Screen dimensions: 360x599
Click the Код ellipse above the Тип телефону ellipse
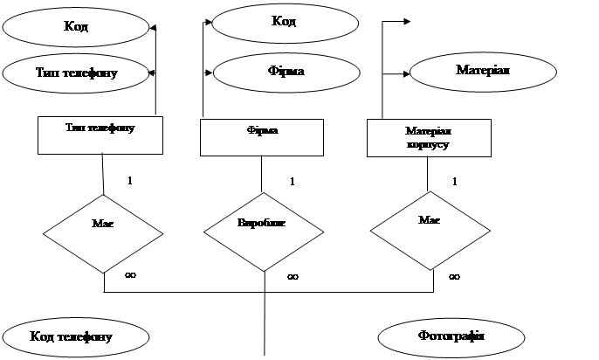click(77, 26)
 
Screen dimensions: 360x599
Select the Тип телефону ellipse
click(77, 73)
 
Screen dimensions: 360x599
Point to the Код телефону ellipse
click(72, 336)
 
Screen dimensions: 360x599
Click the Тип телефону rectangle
click(101, 135)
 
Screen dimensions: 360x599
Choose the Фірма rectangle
click(262, 137)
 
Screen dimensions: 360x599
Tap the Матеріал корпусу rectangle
click(428, 138)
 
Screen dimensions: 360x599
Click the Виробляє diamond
click(263, 224)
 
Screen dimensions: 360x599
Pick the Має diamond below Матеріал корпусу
click(429, 222)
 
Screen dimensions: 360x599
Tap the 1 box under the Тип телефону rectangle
click(129, 181)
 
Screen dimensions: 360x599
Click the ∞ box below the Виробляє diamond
click(293, 276)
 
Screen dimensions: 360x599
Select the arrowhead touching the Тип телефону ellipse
click(155, 72)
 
